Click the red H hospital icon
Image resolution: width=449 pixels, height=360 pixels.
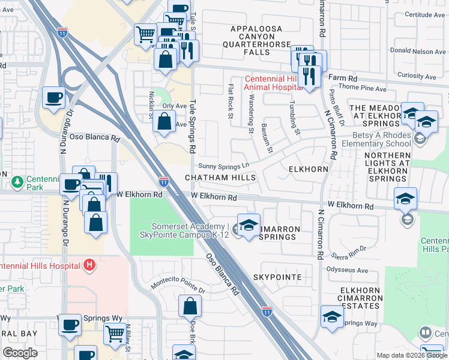(x=89, y=265)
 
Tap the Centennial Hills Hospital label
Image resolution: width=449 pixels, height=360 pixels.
(x=40, y=265)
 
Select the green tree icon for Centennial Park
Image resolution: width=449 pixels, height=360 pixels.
(x=18, y=181)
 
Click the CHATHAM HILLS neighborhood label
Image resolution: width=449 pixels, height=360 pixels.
(x=220, y=178)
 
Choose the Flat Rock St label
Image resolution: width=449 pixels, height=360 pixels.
(x=231, y=101)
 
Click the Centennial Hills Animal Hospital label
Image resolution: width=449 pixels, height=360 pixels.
(x=272, y=83)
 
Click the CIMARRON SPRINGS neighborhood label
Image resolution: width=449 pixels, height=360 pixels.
(x=277, y=237)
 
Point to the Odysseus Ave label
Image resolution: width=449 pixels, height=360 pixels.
(x=346, y=269)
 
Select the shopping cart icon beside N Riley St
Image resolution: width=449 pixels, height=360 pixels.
(x=114, y=333)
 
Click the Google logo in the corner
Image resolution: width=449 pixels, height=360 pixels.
(x=20, y=353)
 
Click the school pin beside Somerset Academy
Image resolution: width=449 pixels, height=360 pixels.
(x=249, y=225)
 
